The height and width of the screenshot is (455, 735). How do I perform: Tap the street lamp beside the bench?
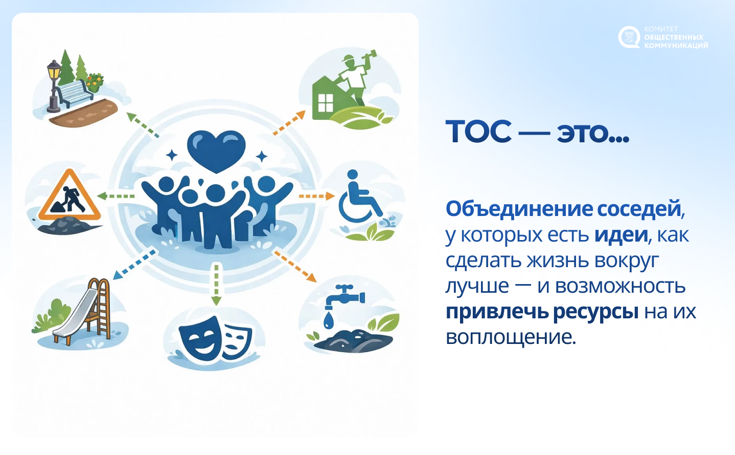tap(54, 86)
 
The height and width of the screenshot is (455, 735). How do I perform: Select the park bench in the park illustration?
tap(75, 93)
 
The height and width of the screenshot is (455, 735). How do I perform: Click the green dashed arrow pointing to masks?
tap(216, 285)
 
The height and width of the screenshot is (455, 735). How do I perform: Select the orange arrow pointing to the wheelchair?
tap(316, 196)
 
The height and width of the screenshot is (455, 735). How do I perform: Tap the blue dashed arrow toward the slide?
tap(134, 265)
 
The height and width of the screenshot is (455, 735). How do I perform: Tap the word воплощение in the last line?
tap(510, 337)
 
